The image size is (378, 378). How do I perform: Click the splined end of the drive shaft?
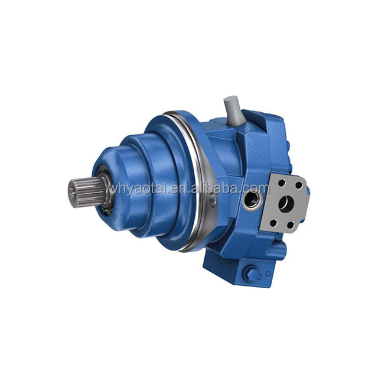click(87, 191)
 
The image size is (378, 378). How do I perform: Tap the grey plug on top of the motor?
click(234, 110)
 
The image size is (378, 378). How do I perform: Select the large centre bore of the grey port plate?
click(286, 204)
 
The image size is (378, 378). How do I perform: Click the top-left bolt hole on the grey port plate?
click(282, 183)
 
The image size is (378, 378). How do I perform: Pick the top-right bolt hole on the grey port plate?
click(299, 185)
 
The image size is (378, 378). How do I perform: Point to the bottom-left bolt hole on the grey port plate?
click(273, 223)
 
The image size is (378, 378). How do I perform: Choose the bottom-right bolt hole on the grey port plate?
click(291, 225)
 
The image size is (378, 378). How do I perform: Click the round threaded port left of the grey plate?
click(251, 200)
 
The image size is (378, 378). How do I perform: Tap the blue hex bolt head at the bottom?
click(250, 273)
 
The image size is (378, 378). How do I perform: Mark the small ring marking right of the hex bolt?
click(268, 273)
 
